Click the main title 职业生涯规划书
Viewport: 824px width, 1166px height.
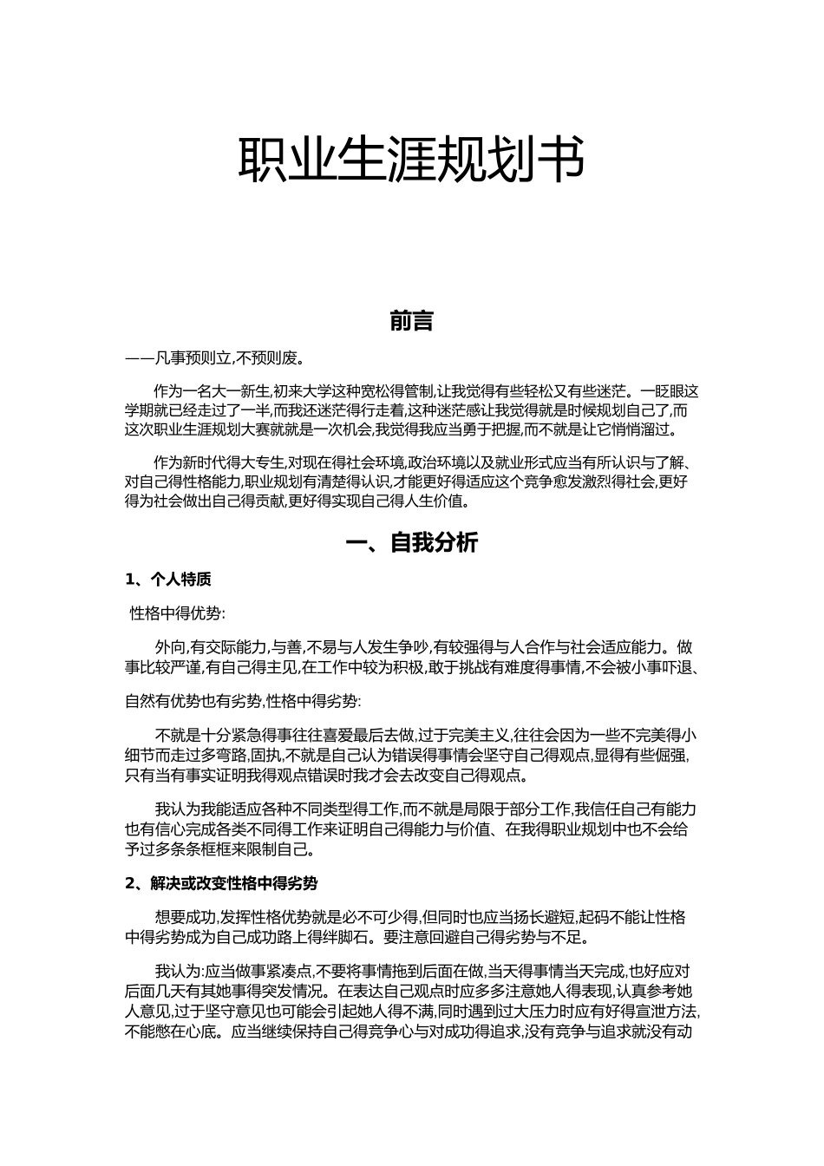pyautogui.click(x=411, y=160)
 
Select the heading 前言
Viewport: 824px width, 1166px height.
pyautogui.click(x=411, y=322)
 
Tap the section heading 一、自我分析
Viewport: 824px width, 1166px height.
pyautogui.click(x=411, y=544)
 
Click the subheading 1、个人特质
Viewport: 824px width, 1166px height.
pyautogui.click(x=168, y=580)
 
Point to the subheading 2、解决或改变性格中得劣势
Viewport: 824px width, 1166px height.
pyautogui.click(x=221, y=884)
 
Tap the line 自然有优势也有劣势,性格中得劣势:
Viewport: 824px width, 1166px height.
pyautogui.click(x=245, y=701)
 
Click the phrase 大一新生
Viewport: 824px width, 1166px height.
pyautogui.click(x=242, y=391)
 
